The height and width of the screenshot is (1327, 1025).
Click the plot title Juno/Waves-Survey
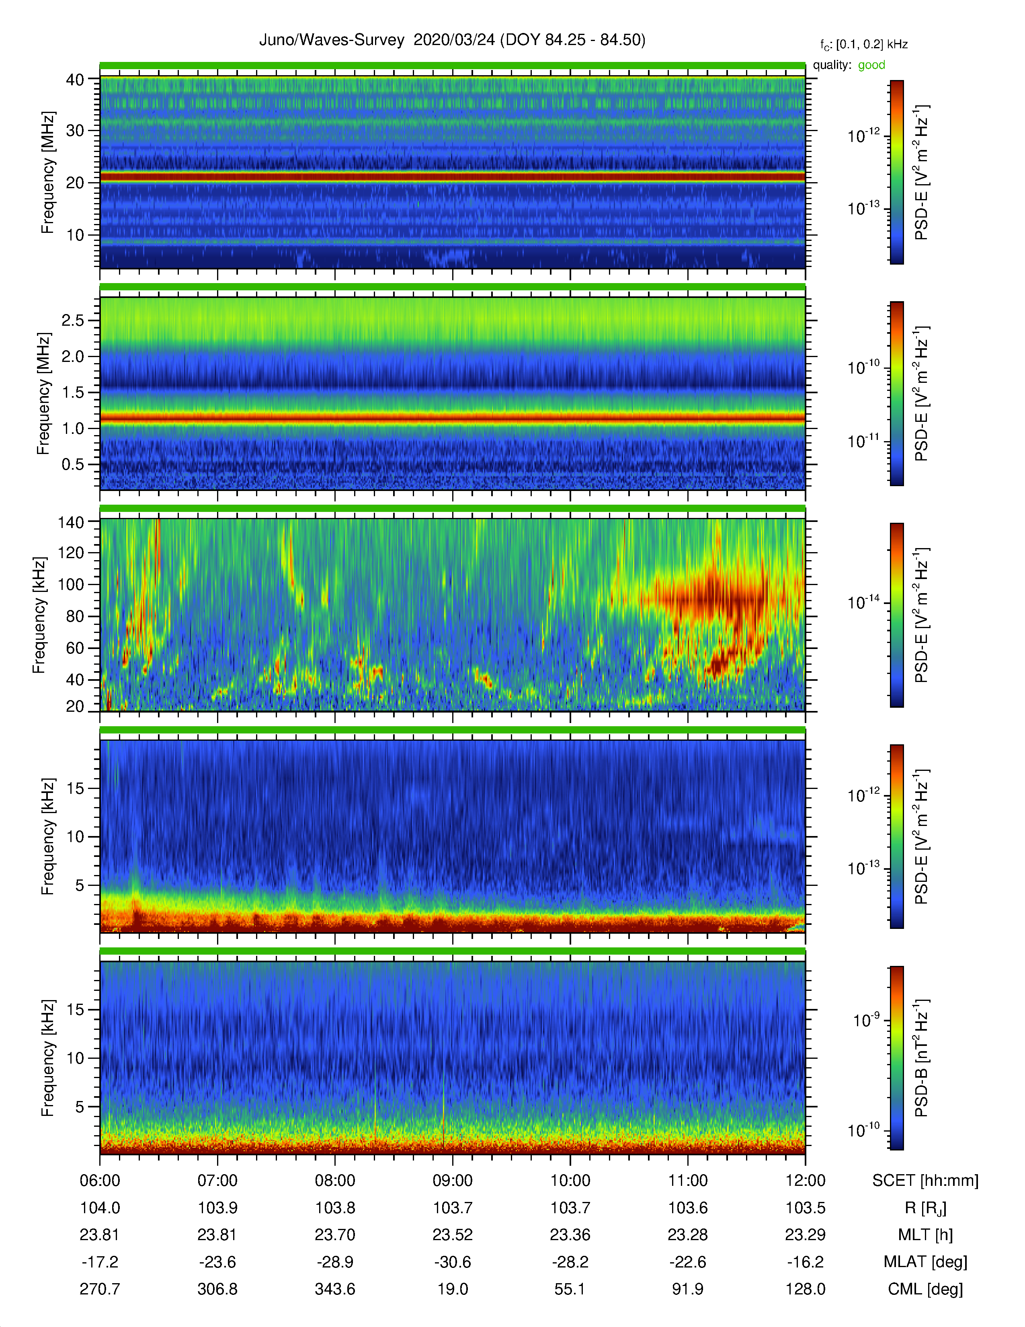click(x=332, y=40)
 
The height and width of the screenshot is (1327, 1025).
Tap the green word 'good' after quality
click(x=871, y=65)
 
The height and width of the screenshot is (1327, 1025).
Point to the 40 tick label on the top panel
click(x=75, y=80)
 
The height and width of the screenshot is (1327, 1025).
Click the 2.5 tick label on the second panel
click(x=73, y=320)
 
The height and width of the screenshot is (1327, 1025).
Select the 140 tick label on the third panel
click(x=70, y=522)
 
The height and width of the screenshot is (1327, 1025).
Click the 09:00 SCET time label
click(x=452, y=1181)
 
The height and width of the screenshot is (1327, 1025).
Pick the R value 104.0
click(x=100, y=1208)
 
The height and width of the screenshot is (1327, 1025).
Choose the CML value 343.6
click(x=335, y=1289)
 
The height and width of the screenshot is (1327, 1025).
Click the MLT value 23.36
click(x=570, y=1235)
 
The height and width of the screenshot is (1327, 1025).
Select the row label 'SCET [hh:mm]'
click(x=925, y=1181)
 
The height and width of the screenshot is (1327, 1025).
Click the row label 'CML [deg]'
click(x=925, y=1289)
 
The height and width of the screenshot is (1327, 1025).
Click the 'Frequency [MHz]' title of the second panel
click(x=44, y=393)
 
